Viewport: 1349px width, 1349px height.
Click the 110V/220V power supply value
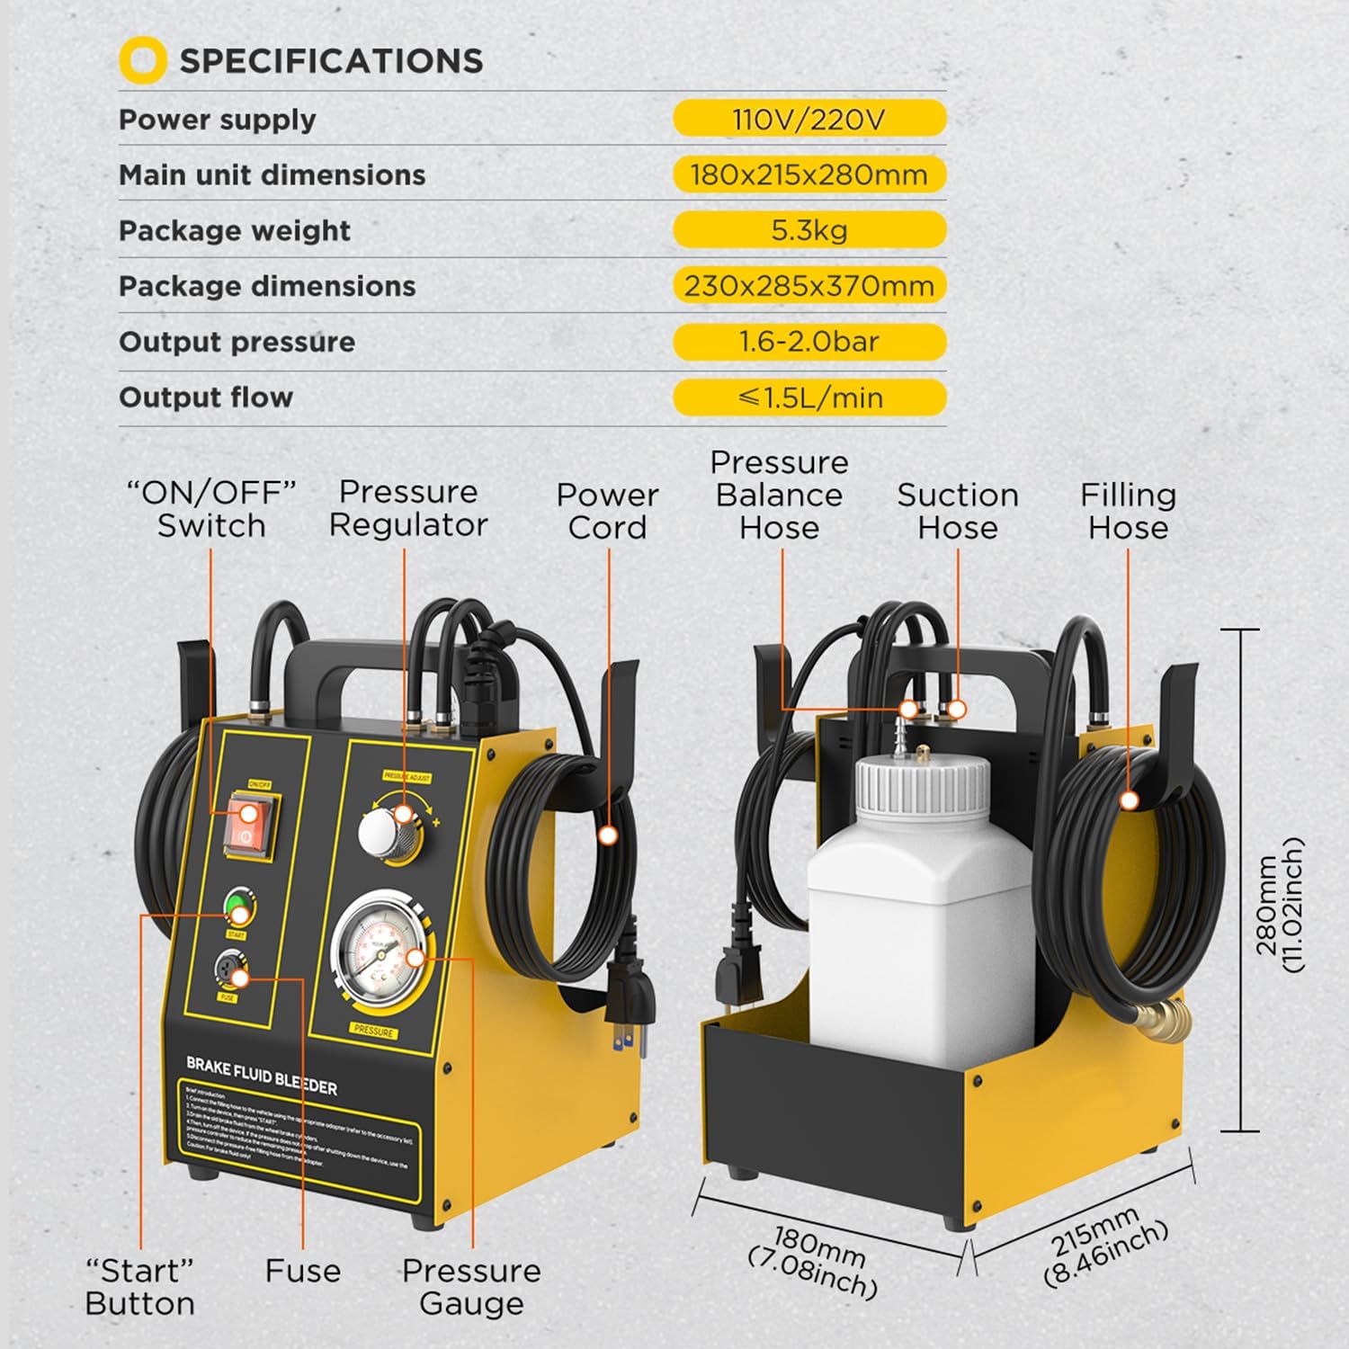(809, 119)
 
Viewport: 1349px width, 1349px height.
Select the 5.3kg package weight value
(809, 230)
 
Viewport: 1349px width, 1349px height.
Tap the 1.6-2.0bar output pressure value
(809, 342)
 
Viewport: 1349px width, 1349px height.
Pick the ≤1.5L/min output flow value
(809, 398)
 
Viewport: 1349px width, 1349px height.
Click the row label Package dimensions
(267, 286)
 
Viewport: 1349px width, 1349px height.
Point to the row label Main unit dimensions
(272, 174)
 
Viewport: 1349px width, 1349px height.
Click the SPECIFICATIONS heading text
(331, 61)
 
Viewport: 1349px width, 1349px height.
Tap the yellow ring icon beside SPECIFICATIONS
(142, 60)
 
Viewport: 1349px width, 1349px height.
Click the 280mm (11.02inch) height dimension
(1280, 905)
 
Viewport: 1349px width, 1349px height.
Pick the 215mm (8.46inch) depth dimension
(1105, 1246)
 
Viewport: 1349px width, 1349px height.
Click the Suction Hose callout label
(958, 511)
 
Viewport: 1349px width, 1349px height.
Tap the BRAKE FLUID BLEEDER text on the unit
(262, 1076)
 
